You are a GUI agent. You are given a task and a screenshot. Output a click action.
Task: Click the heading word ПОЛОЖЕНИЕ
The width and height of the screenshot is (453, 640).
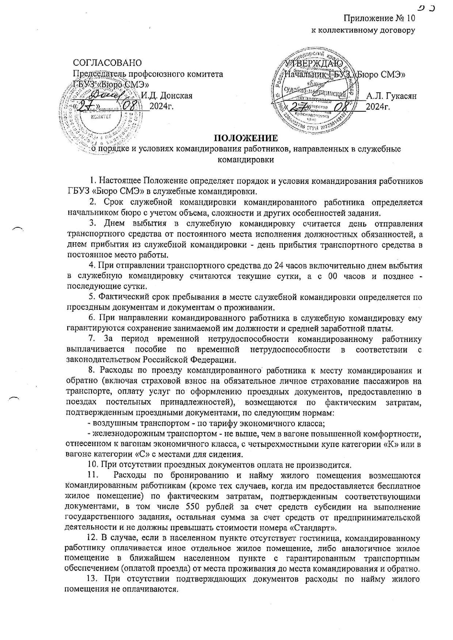point(245,138)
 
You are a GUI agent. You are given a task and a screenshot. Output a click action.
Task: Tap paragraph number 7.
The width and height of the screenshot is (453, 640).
point(93,339)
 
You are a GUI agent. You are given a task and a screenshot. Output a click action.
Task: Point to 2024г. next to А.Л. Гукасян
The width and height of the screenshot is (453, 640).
point(378,107)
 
